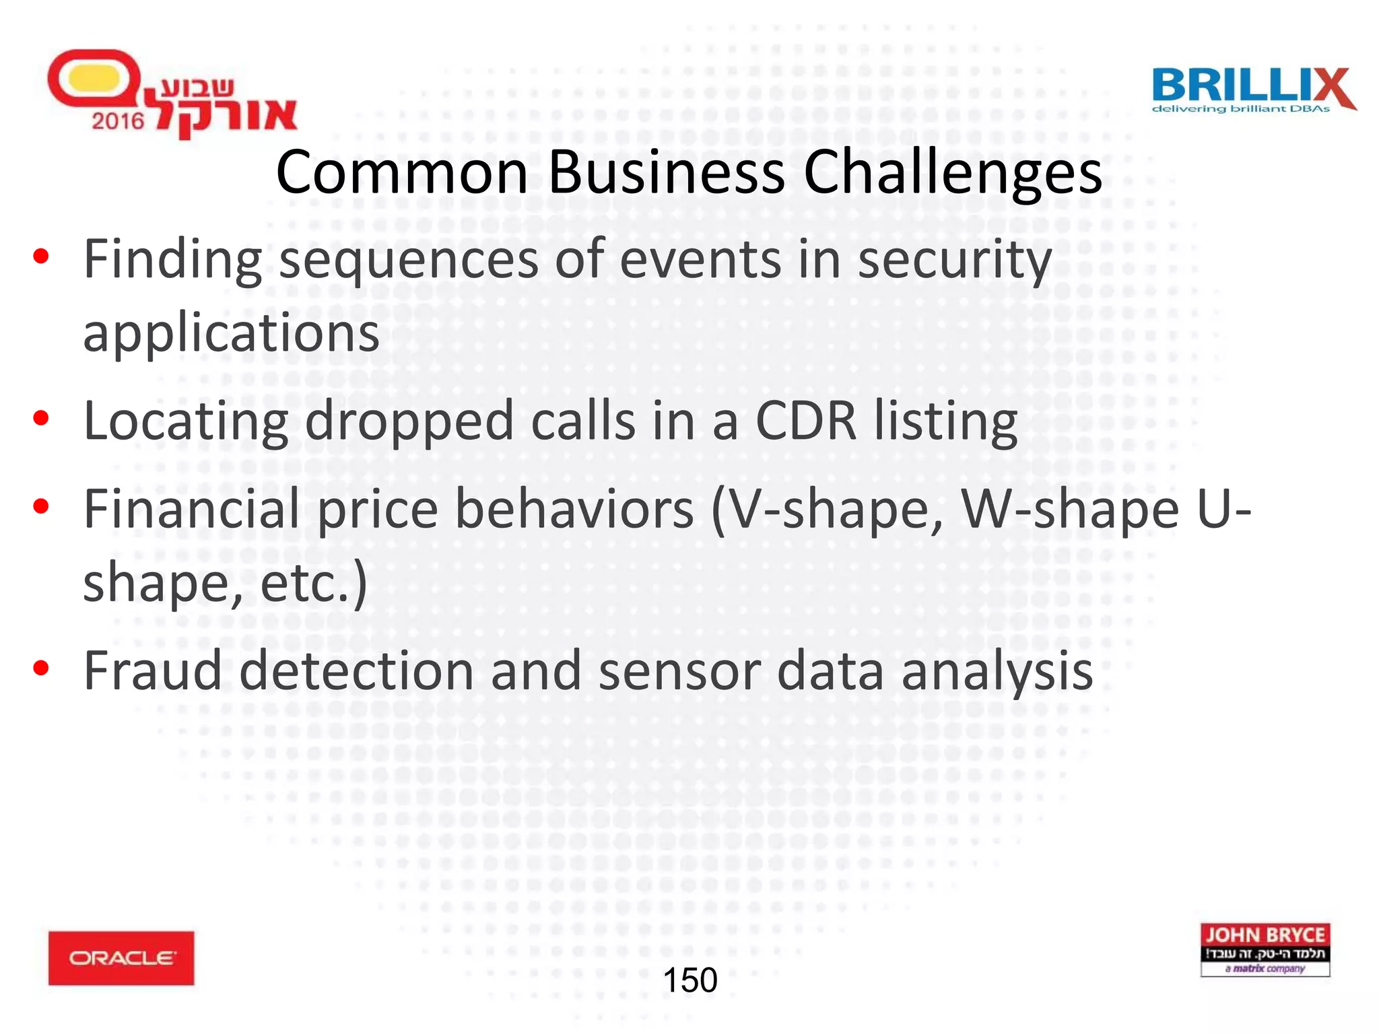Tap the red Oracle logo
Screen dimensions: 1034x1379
click(121, 958)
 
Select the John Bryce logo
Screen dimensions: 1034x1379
click(1265, 949)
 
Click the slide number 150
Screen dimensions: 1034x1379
click(690, 980)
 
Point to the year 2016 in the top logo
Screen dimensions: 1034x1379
click(118, 121)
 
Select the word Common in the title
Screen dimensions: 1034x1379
click(402, 173)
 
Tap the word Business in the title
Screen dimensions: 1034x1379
click(666, 173)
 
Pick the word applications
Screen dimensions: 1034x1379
click(231, 333)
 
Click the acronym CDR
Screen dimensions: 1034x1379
click(806, 421)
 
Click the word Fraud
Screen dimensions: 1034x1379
click(152, 670)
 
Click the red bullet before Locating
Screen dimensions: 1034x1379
click(41, 419)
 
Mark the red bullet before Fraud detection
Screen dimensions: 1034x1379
click(41, 668)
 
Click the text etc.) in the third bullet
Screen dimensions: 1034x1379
click(314, 583)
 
